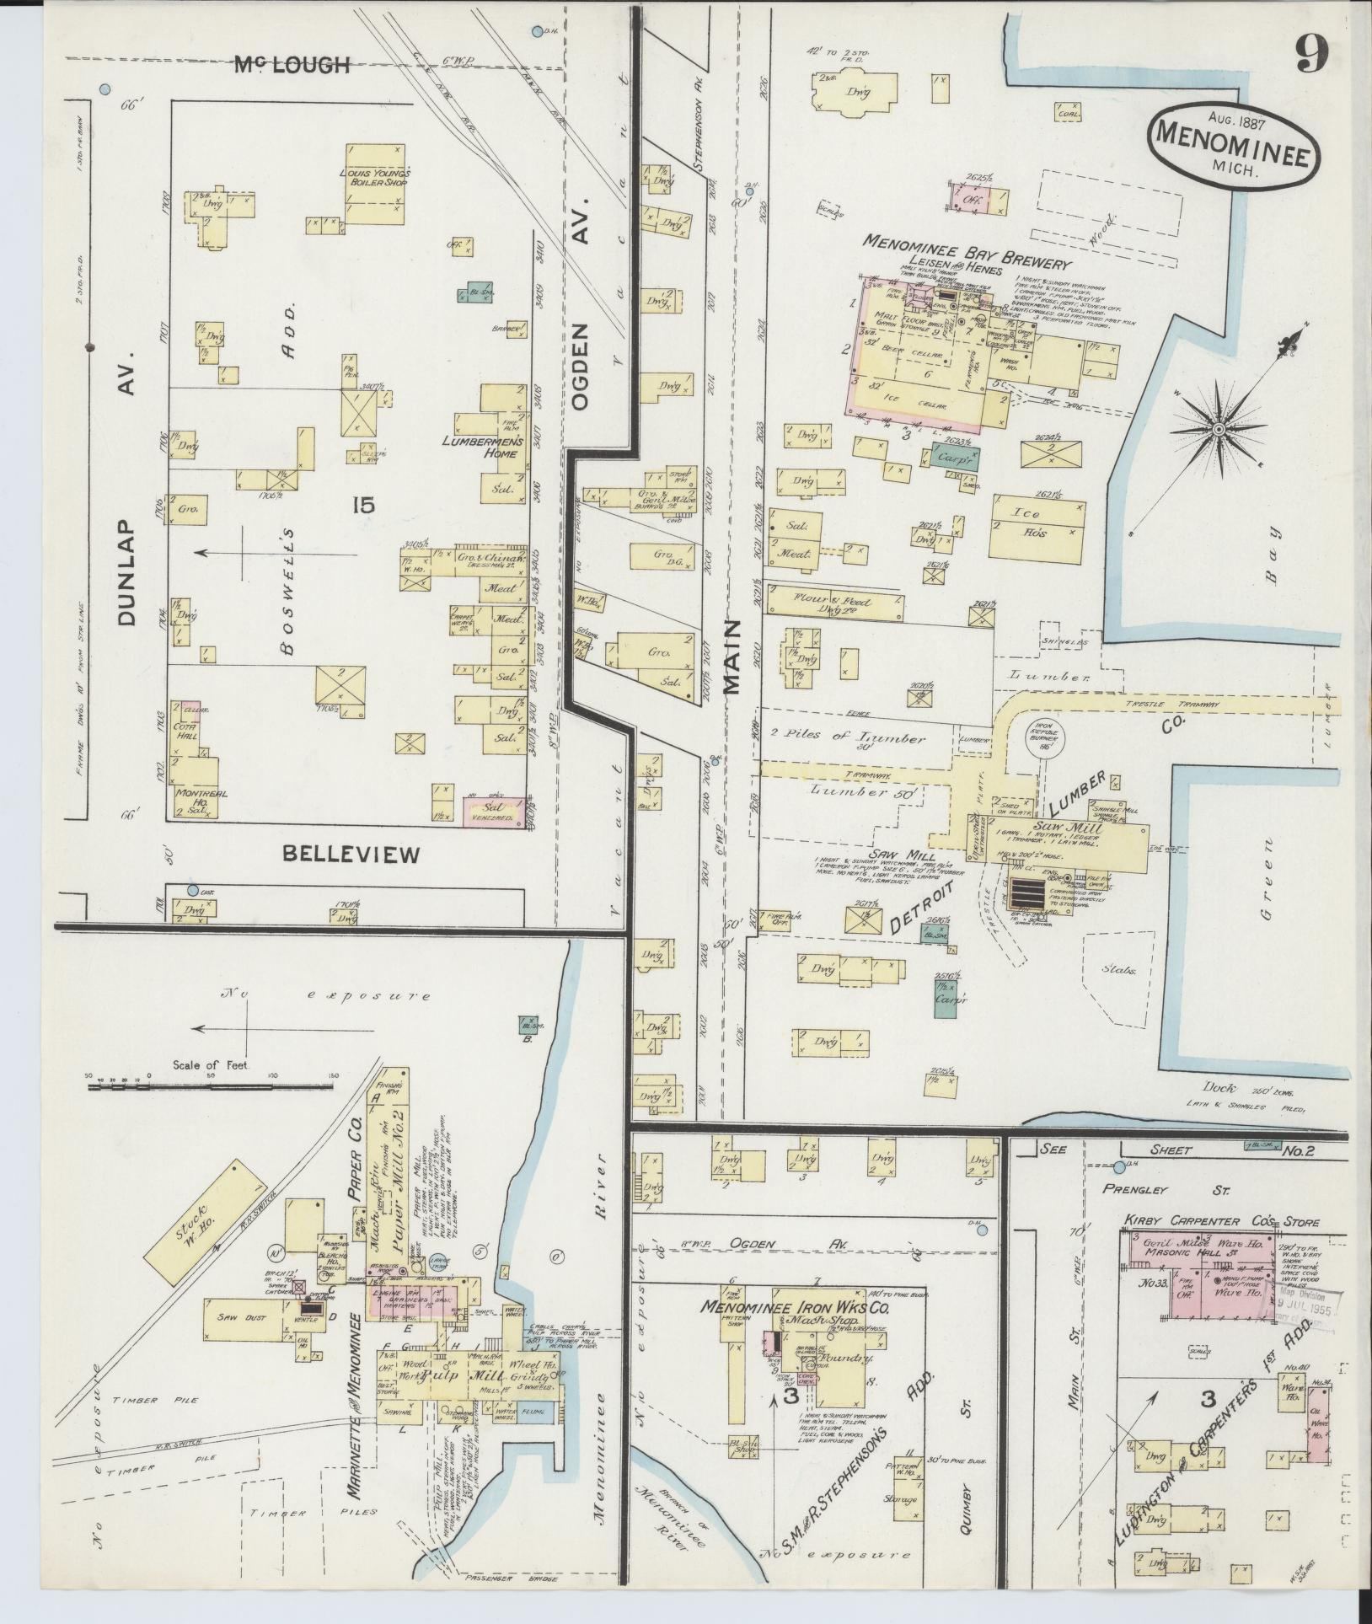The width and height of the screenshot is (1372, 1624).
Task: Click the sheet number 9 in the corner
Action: (1311, 56)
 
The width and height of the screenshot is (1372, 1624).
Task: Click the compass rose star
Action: (1217, 430)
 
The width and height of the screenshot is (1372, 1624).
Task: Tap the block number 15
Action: (363, 505)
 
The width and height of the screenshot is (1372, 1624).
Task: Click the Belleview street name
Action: (351, 855)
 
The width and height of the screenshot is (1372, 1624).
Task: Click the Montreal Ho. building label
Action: (196, 798)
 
